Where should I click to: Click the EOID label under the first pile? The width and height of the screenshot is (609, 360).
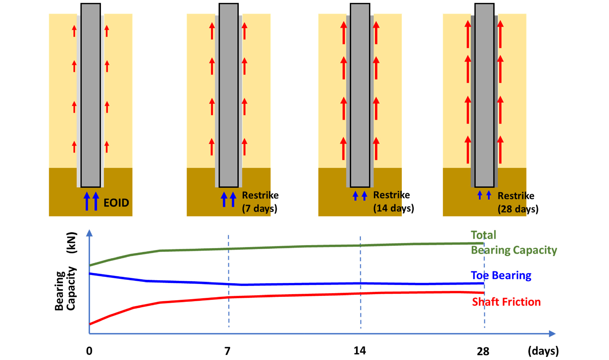[116, 203]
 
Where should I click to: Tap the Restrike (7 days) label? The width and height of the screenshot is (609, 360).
[260, 202]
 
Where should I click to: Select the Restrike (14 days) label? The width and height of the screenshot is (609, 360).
[393, 201]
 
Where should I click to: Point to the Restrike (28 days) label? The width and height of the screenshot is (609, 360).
[518, 202]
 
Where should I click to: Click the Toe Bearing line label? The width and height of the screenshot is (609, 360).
[501, 275]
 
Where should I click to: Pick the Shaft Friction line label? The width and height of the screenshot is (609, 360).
[506, 302]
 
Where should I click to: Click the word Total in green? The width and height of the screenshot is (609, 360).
[483, 235]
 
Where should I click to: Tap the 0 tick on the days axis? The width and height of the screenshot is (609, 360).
[89, 351]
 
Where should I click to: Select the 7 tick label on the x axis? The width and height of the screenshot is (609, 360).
[227, 351]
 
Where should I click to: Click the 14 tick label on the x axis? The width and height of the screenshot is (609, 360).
[360, 351]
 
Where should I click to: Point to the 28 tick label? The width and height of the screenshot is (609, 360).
[483, 351]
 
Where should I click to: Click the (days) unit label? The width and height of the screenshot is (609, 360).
[543, 351]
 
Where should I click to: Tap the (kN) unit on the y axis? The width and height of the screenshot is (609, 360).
[72, 243]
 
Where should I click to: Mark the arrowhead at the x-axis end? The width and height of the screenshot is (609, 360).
[552, 334]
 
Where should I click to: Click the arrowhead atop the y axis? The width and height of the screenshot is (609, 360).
[89, 233]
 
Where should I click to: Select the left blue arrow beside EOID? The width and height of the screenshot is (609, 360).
[87, 201]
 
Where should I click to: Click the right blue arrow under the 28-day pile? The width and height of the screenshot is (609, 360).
[489, 195]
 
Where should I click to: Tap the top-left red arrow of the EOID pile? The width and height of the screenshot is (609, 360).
[74, 31]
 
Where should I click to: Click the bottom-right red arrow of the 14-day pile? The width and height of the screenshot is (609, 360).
[376, 149]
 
